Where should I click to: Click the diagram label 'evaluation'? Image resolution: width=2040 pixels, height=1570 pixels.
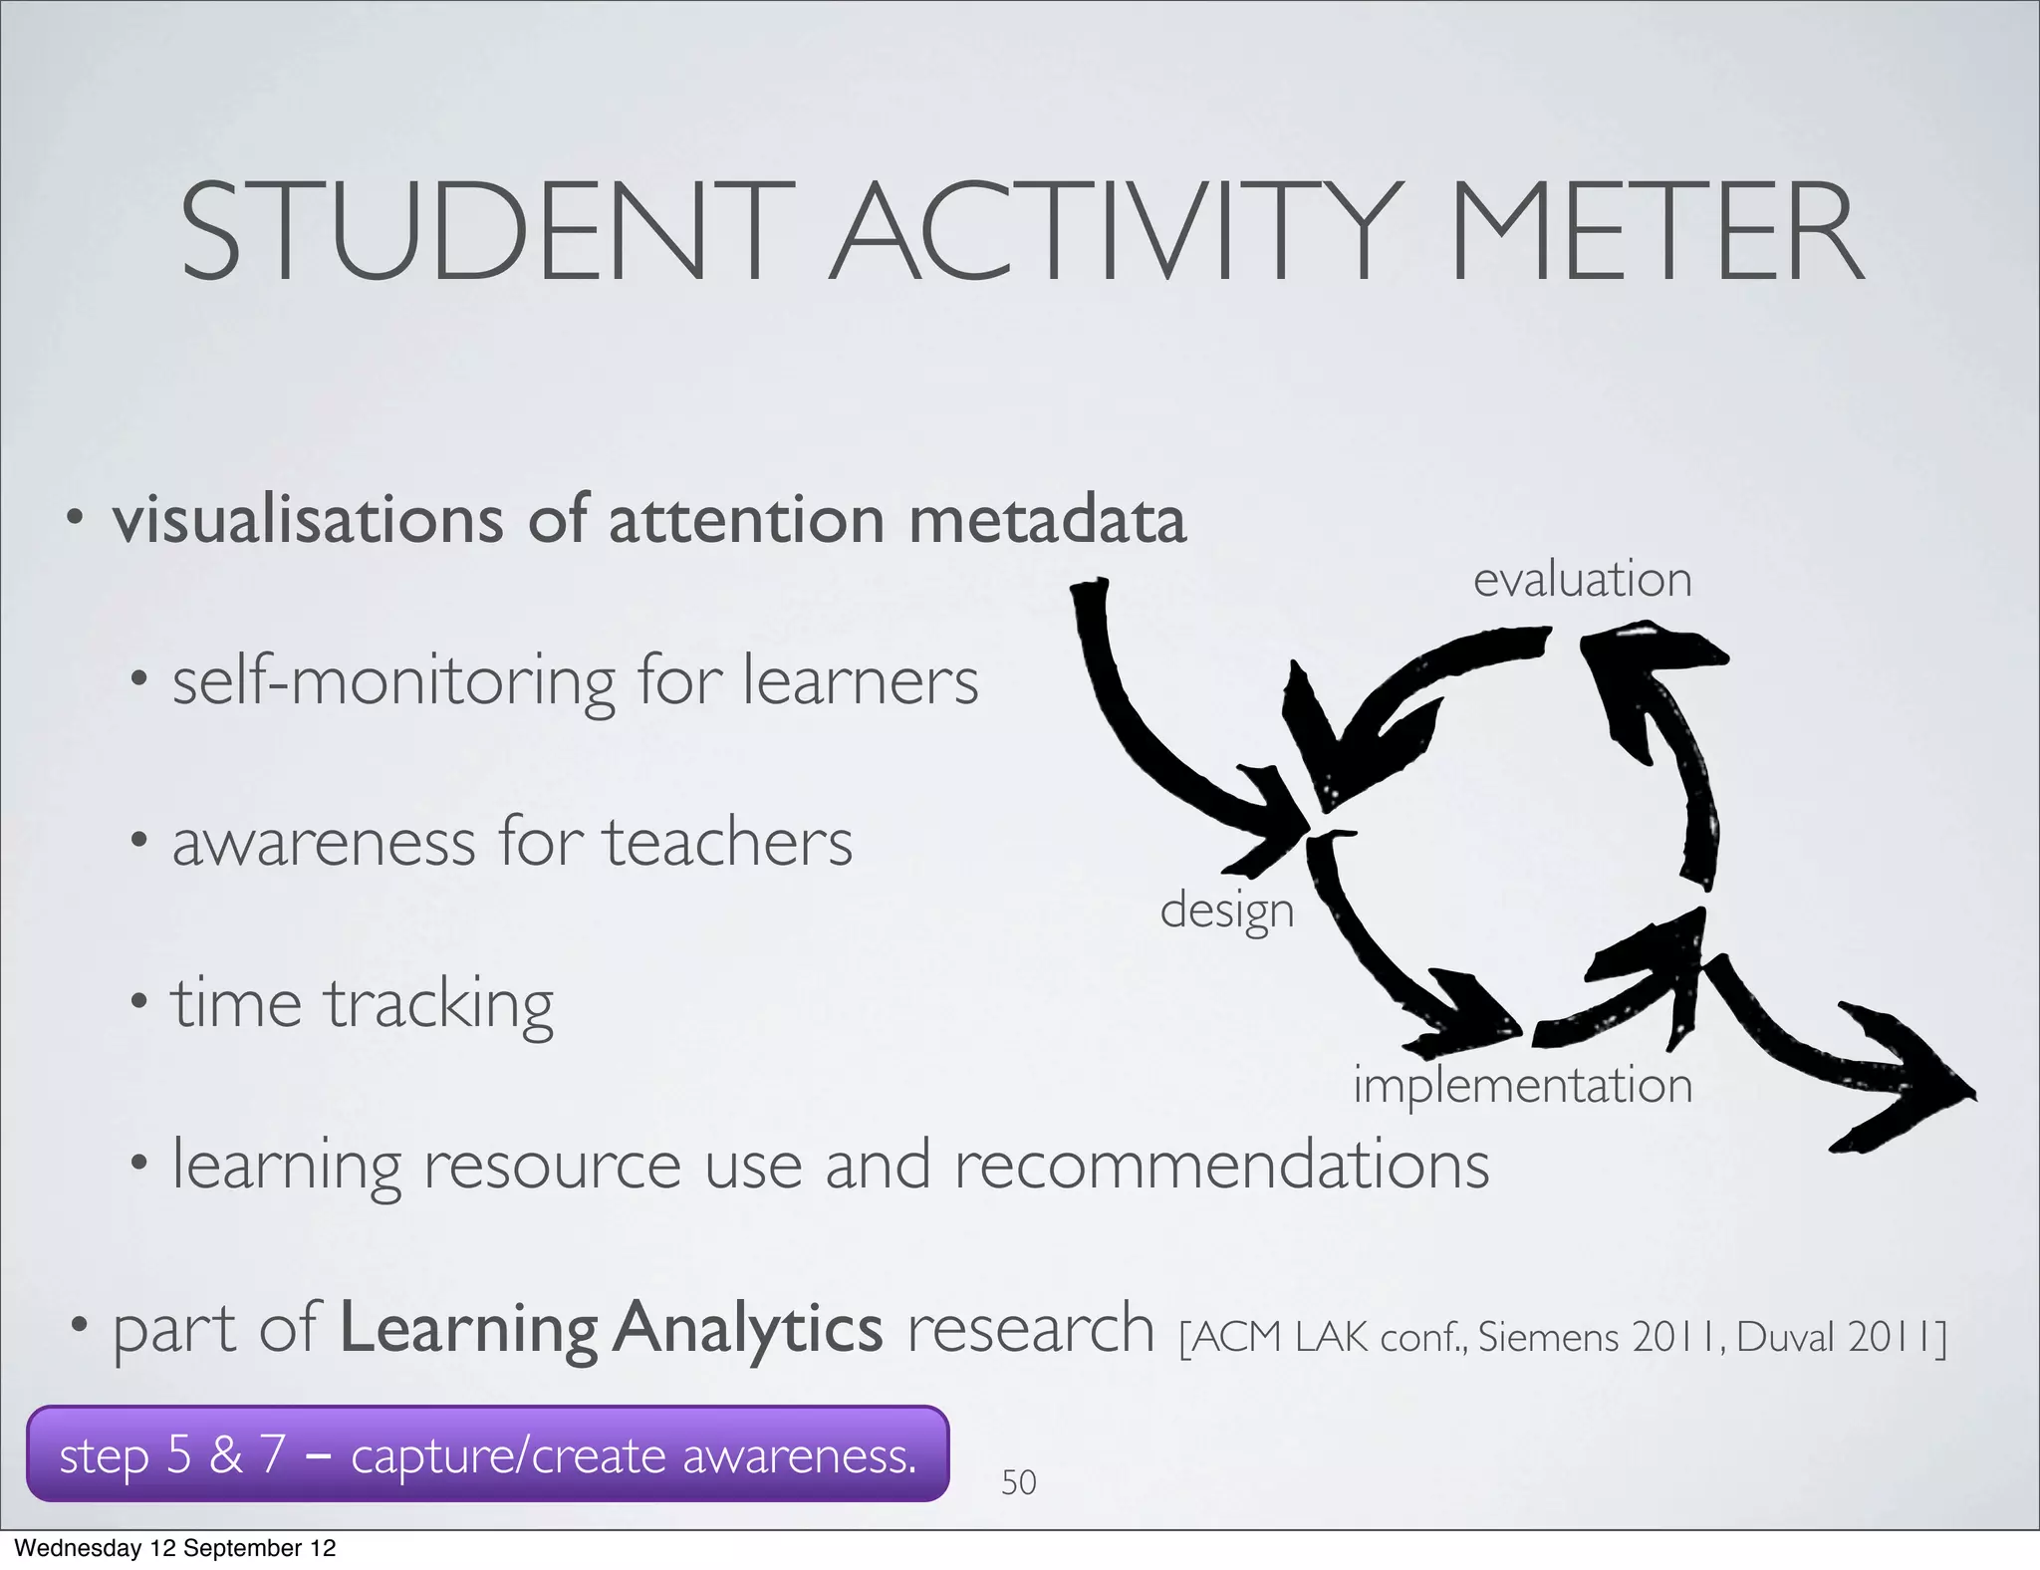(x=1582, y=580)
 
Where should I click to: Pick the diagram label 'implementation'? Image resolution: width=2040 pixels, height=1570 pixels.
(x=1522, y=1084)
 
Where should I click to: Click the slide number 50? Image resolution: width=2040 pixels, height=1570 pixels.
(x=1018, y=1482)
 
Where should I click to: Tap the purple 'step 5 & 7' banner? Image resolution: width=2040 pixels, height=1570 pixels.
(x=487, y=1453)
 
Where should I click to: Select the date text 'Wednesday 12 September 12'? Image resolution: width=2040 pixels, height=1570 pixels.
(x=175, y=1548)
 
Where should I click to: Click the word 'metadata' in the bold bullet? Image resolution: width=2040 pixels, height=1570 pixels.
(x=1047, y=520)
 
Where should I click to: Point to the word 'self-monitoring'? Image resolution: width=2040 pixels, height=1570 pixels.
(x=393, y=682)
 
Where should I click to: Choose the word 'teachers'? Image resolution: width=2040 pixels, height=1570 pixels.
(x=727, y=843)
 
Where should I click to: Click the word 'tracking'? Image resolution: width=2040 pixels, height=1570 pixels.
(x=439, y=1004)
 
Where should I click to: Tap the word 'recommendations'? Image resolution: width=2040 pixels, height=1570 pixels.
(x=1221, y=1165)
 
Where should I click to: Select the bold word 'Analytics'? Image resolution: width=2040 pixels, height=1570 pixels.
(x=747, y=1329)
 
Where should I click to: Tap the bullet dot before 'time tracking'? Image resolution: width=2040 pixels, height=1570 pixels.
(x=139, y=1000)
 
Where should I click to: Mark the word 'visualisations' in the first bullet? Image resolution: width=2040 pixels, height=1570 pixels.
(x=308, y=520)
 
